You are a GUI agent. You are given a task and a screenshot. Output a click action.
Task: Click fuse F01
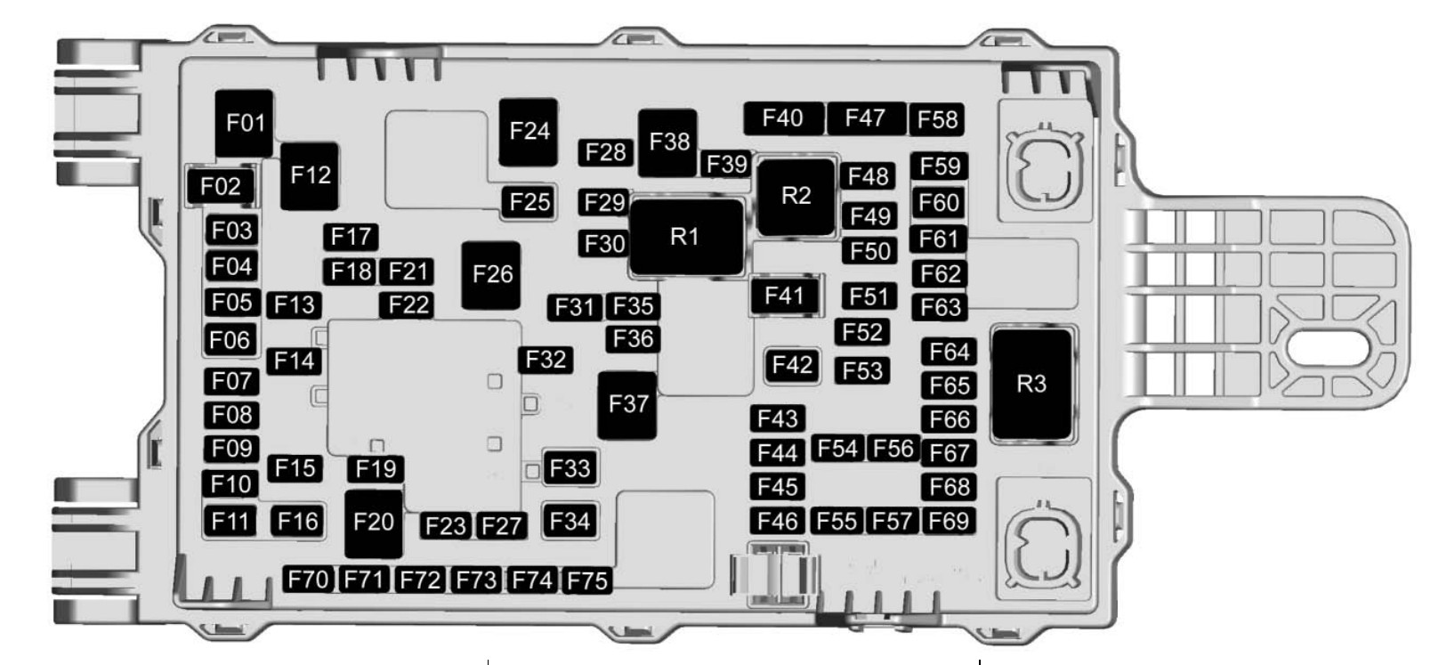pyautogui.click(x=245, y=123)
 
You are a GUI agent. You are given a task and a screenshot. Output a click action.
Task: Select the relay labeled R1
pyautogui.click(x=685, y=237)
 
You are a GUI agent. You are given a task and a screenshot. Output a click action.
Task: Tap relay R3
pyautogui.click(x=1031, y=385)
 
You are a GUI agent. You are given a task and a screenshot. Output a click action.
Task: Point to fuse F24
pyautogui.click(x=529, y=132)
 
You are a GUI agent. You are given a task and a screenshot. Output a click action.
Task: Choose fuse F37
pyautogui.click(x=627, y=405)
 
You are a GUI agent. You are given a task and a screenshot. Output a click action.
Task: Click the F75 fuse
pyautogui.click(x=587, y=580)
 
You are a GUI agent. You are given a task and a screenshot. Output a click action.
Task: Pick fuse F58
pyautogui.click(x=937, y=119)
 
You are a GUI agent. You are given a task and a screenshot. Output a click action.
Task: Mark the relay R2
pyautogui.click(x=796, y=196)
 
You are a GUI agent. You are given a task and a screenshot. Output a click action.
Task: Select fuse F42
pyautogui.click(x=791, y=365)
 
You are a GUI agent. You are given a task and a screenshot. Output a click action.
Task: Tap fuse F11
pyautogui.click(x=230, y=521)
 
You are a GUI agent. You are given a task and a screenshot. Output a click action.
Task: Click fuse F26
pyautogui.click(x=491, y=275)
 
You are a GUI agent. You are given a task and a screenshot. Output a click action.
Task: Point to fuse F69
pyautogui.click(x=949, y=521)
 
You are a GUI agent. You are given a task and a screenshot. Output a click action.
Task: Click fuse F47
pyautogui.click(x=865, y=118)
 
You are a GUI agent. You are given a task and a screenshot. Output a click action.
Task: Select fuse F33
pyautogui.click(x=570, y=468)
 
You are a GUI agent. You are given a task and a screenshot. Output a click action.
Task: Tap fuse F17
pyautogui.click(x=351, y=237)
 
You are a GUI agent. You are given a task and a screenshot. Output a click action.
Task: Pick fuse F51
pyautogui.click(x=868, y=296)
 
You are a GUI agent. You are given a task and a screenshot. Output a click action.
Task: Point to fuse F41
pyautogui.click(x=784, y=296)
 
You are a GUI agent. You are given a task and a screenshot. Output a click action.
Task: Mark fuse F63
pyautogui.click(x=940, y=308)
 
